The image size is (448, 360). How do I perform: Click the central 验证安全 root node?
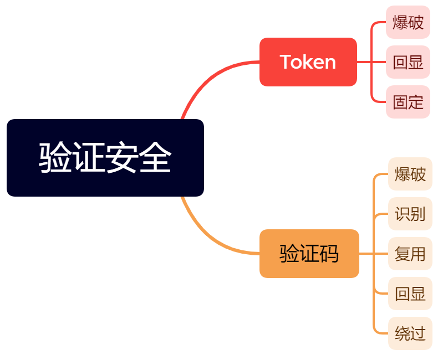105,158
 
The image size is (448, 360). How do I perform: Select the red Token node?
308,62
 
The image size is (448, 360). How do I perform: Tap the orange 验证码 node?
309,254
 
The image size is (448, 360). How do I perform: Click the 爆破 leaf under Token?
408,23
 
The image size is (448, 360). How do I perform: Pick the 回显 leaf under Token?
408,62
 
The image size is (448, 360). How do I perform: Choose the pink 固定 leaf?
408,102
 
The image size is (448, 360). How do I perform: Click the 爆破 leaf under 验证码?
410,174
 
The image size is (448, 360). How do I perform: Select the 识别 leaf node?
410,214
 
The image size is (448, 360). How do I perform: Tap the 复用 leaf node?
410,254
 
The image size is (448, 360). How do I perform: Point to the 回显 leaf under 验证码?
410,294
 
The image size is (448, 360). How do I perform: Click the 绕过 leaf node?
410,333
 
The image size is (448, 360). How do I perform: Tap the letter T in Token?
286,62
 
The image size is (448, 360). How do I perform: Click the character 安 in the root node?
122,158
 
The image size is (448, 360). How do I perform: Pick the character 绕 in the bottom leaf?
403,333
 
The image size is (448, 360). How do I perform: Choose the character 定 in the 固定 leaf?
416,102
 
